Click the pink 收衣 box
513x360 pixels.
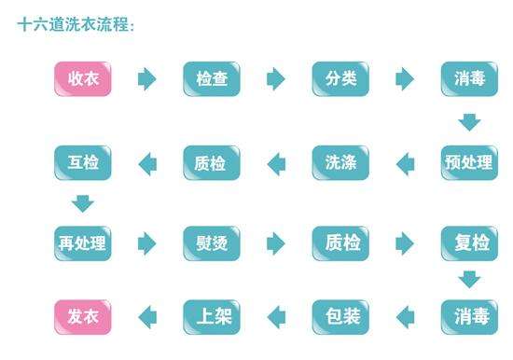coord(82,79)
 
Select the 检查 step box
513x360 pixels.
coord(212,79)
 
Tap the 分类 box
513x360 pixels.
coord(340,79)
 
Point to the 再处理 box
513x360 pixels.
coord(82,243)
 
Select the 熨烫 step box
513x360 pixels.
coord(212,243)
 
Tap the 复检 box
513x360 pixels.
coord(468,243)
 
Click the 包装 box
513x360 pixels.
coord(340,317)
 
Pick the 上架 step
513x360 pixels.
coord(212,317)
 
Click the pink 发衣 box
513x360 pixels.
coord(82,317)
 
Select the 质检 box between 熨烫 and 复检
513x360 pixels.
coord(340,243)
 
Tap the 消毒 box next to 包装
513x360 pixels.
coord(468,317)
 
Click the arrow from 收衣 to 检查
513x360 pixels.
coord(147,79)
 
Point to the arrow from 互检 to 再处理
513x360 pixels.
coord(83,202)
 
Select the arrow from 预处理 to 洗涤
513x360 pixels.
coord(405,164)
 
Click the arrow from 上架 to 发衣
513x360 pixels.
coord(147,317)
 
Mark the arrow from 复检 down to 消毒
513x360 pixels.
coord(469,279)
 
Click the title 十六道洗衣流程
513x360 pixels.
coord(76,25)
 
